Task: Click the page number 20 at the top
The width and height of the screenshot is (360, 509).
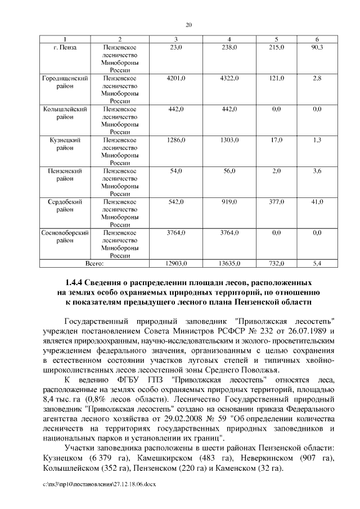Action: pos(188,24)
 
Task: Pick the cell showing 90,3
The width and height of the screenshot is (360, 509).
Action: pos(317,47)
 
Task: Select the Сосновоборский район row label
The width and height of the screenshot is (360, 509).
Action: pos(65,236)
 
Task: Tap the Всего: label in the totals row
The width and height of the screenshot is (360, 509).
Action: pos(94,263)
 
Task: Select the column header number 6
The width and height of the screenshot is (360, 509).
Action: pos(317,39)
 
